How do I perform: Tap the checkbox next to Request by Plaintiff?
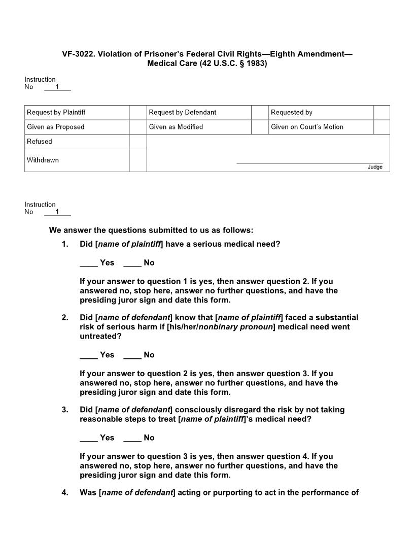pyautogui.click(x=137, y=112)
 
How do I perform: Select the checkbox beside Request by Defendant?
pyautogui.click(x=260, y=112)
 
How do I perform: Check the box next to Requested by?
pyautogui.click(x=382, y=112)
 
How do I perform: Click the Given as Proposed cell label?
pyautogui.click(x=56, y=127)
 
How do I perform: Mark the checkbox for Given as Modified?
pyautogui.click(x=260, y=127)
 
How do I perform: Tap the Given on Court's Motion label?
pyautogui.click(x=307, y=127)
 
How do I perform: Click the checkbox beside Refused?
pyautogui.click(x=137, y=142)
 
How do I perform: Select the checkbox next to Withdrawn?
pyautogui.click(x=137, y=160)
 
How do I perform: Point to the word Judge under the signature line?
pyautogui.click(x=375, y=167)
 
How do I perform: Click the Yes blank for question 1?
pyautogui.click(x=88, y=263)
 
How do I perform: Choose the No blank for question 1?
pyautogui.click(x=132, y=263)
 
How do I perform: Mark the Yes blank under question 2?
pyautogui.click(x=88, y=355)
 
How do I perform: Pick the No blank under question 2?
pyautogui.click(x=132, y=355)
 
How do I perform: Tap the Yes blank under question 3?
pyautogui.click(x=88, y=438)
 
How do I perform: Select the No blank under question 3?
pyautogui.click(x=132, y=438)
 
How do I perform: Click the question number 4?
pyautogui.click(x=65, y=492)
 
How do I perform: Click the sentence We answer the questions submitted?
pyautogui.click(x=151, y=230)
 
